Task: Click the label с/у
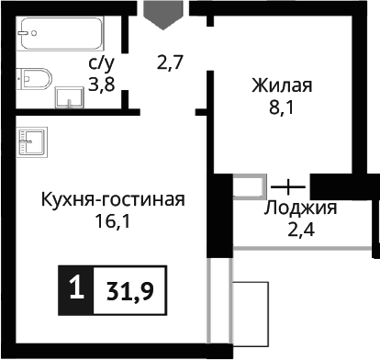click(x=100, y=62)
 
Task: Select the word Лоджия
click(x=300, y=208)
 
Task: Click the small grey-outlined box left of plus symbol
click(x=249, y=185)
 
